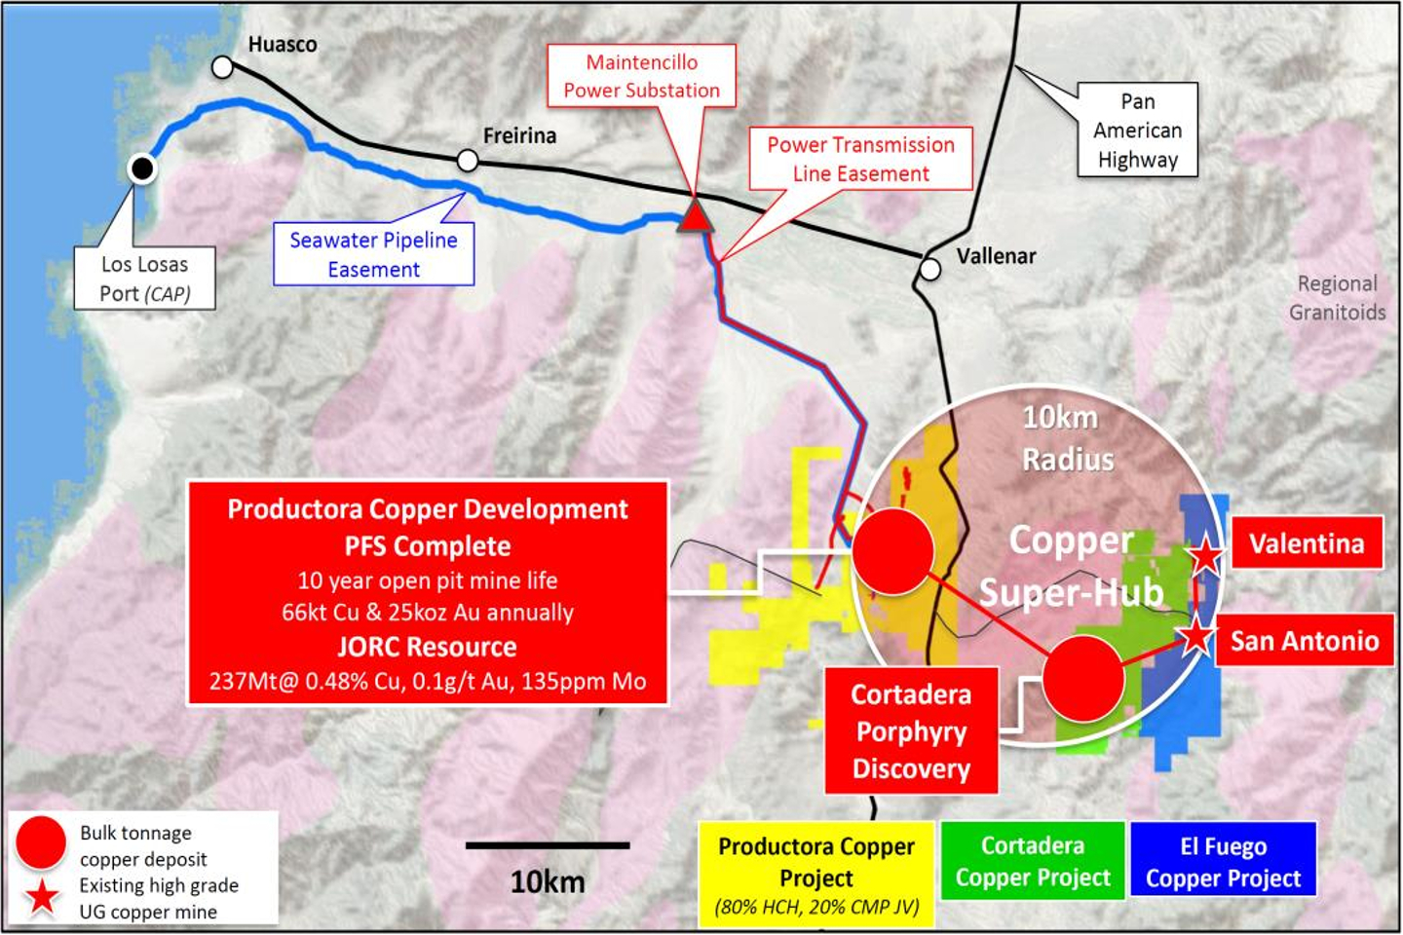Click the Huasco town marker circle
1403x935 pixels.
click(x=223, y=66)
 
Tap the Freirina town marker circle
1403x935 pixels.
click(x=468, y=160)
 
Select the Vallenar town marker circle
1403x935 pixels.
click(x=930, y=269)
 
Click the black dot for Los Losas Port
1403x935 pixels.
click(x=142, y=169)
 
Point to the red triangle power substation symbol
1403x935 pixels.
click(x=695, y=215)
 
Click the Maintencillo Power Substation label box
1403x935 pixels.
click(x=641, y=76)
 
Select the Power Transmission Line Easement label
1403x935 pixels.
click(x=860, y=159)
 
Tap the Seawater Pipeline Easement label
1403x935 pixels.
click(x=373, y=254)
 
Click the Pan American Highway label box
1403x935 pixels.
click(x=1137, y=130)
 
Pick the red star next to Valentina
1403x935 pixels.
click(x=1205, y=555)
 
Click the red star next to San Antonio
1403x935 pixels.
click(x=1196, y=638)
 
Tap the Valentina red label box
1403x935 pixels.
click(x=1307, y=542)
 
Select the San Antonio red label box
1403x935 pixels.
click(x=1304, y=640)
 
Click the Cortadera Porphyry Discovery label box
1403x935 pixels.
click(x=911, y=730)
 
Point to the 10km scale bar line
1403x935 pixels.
click(x=548, y=845)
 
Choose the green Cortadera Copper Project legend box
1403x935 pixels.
click(x=1033, y=861)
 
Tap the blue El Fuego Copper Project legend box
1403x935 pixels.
click(x=1223, y=861)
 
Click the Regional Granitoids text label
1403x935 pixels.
click(x=1337, y=297)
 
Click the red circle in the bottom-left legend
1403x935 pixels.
click(x=41, y=843)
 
